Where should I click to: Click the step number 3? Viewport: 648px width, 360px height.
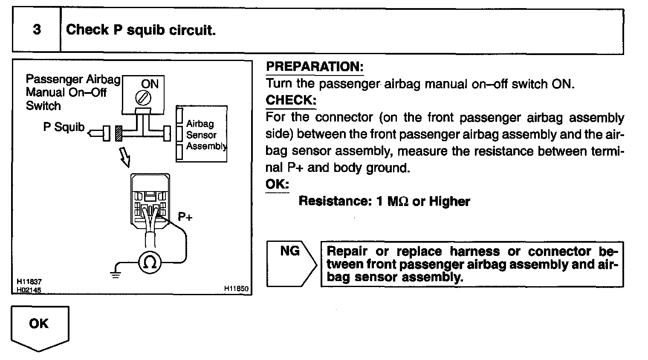37,30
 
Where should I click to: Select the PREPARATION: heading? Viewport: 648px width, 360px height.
314,67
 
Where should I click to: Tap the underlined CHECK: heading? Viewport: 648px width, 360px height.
291,100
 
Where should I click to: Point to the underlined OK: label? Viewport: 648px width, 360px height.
277,184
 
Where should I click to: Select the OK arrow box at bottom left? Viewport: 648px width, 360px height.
39,326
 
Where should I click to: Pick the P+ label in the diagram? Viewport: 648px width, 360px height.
185,217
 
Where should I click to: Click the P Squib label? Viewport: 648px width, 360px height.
64,128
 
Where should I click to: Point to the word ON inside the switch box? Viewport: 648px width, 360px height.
150,84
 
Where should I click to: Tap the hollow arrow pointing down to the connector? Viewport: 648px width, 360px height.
124,156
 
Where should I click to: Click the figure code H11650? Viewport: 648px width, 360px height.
236,289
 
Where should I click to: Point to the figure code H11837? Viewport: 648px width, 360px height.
29,282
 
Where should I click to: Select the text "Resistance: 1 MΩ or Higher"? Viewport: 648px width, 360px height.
384,201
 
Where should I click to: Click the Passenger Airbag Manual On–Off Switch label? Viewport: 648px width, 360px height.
72,92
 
